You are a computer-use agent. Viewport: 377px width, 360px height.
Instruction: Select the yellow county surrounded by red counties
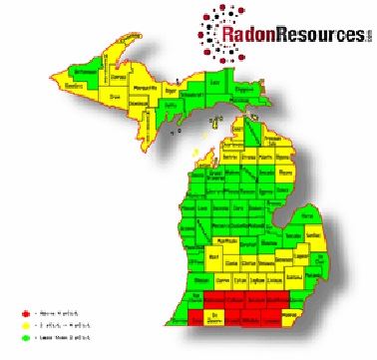[x=213, y=318]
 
